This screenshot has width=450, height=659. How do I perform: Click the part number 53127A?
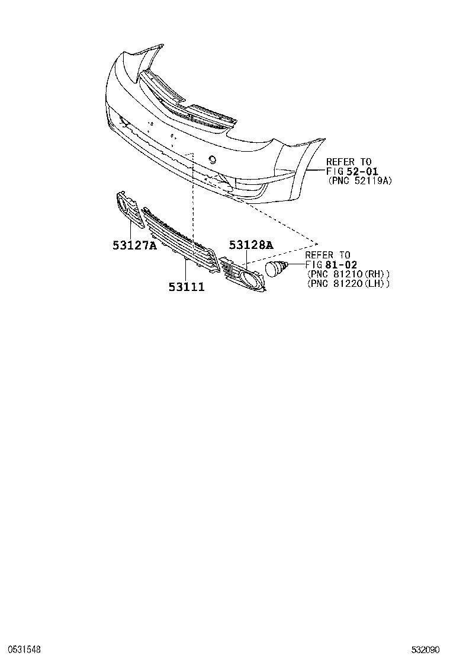click(x=134, y=245)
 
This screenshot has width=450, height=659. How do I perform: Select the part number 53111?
click(x=187, y=287)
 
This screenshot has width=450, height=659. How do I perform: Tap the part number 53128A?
click(x=251, y=245)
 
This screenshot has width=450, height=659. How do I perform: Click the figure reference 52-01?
click(x=362, y=171)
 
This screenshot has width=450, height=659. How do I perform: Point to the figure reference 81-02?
click(x=341, y=265)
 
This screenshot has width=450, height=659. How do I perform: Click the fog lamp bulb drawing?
click(x=277, y=268)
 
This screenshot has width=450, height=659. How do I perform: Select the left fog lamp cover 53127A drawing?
click(x=129, y=209)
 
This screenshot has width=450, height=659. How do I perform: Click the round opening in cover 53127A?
click(x=123, y=204)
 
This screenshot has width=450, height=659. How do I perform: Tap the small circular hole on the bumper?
click(x=213, y=159)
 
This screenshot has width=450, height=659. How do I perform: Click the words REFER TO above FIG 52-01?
click(x=349, y=162)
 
